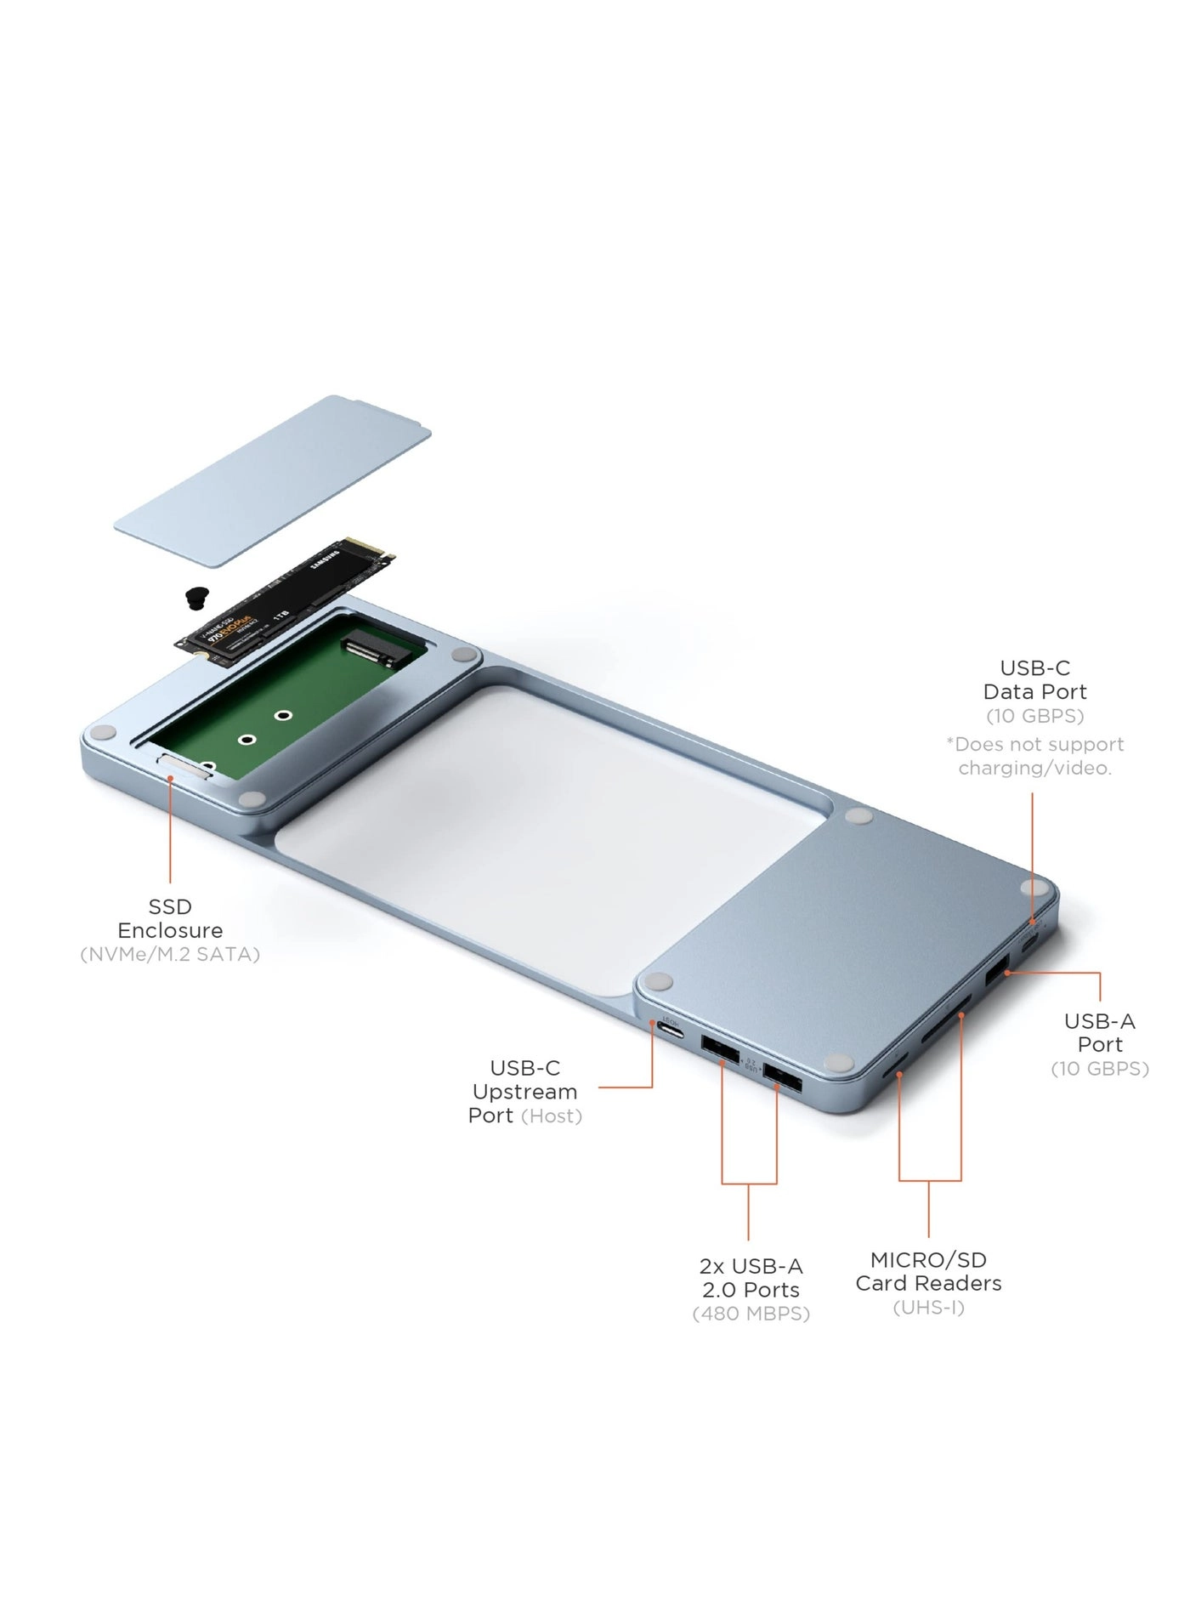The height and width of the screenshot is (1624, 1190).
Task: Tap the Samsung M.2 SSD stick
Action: pyautogui.click(x=285, y=604)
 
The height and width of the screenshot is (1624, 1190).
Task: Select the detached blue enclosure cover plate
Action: pyautogui.click(x=272, y=480)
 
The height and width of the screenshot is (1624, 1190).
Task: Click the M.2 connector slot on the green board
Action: pyautogui.click(x=371, y=652)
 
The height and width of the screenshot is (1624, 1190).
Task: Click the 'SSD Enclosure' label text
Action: pyautogui.click(x=170, y=918)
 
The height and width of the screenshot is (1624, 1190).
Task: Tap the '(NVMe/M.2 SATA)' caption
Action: pyautogui.click(x=170, y=954)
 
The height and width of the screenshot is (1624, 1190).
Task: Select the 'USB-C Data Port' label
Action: pyautogui.click(x=1034, y=679)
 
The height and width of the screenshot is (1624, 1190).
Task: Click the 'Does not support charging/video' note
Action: pyautogui.click(x=1034, y=756)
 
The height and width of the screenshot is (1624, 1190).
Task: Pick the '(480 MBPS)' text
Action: pyautogui.click(x=751, y=1314)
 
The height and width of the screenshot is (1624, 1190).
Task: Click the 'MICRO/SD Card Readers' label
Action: pyautogui.click(x=928, y=1271)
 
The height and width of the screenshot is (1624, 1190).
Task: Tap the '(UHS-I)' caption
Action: pyautogui.click(x=928, y=1307)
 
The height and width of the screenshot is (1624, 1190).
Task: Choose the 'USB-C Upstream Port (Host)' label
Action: pyautogui.click(x=525, y=1091)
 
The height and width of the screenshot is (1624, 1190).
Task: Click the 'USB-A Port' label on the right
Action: pyautogui.click(x=1099, y=1032)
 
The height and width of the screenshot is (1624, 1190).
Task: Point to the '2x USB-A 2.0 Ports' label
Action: pyautogui.click(x=751, y=1278)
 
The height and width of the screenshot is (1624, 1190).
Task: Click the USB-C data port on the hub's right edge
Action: pyautogui.click(x=1029, y=945)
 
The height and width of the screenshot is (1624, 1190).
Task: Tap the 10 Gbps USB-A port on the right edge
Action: pyautogui.click(x=996, y=970)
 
